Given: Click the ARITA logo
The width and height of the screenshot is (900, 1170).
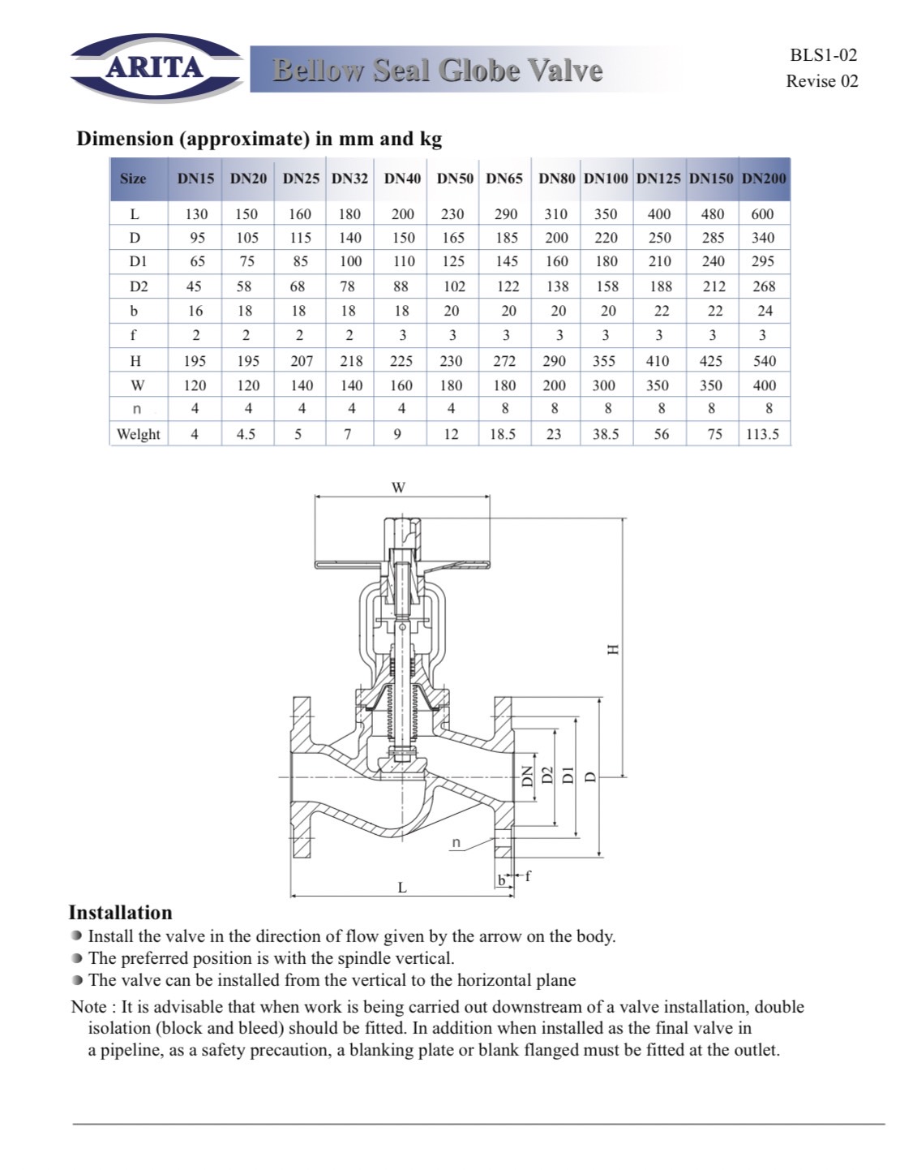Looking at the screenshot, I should [155, 67].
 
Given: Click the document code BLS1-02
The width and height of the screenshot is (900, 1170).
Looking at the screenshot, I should [823, 55].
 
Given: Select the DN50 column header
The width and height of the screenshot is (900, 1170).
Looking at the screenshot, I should [455, 179].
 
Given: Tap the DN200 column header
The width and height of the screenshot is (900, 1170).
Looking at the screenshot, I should [764, 179].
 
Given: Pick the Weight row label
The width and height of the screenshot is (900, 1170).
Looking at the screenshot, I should [138, 434].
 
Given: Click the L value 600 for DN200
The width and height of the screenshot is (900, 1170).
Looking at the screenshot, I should [762, 214].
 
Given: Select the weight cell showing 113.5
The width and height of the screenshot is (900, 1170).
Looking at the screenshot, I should [762, 434].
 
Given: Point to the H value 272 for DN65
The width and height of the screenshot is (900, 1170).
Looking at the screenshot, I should [504, 361].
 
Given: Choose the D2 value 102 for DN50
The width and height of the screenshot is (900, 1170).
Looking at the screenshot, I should [454, 286].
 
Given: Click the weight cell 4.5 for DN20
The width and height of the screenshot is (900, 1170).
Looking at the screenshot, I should [246, 434].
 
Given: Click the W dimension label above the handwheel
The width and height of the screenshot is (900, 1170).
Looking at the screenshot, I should [398, 488].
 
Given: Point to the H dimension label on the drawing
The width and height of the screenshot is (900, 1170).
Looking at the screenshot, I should [613, 649].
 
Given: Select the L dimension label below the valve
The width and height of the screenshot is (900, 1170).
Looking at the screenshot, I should [402, 888].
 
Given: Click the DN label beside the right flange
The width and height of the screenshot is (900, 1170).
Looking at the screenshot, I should [526, 776].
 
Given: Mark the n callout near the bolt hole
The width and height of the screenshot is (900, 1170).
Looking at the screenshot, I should [456, 842].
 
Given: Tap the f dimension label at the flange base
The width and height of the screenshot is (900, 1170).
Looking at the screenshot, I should [528, 875].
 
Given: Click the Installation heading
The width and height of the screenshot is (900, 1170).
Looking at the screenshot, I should [120, 913].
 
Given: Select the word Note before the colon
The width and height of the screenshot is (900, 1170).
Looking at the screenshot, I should [88, 1007].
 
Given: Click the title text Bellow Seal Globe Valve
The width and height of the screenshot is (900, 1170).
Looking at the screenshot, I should [437, 71].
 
